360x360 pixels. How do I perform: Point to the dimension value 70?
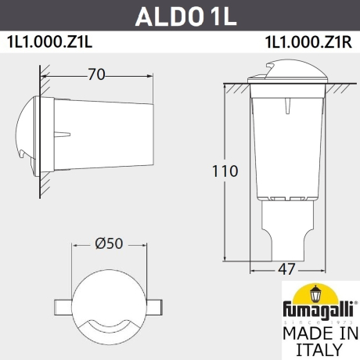coord(96,76)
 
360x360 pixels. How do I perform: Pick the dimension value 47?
coord(286,269)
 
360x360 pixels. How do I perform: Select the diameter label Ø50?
coord(110,243)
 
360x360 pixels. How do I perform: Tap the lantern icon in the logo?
coord(317,294)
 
